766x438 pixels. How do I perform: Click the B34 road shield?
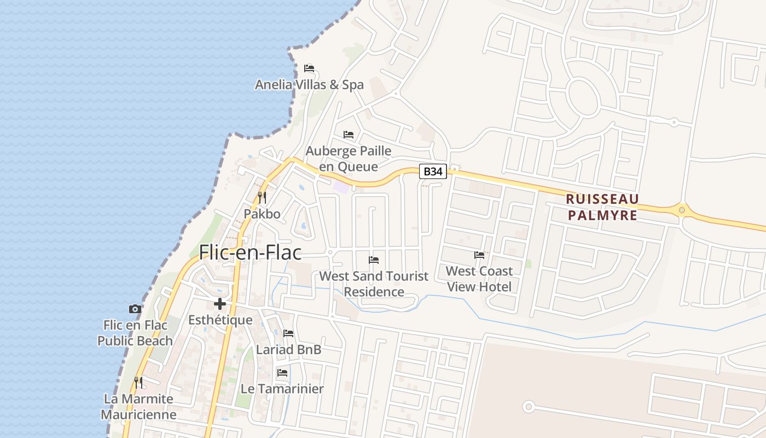[x=433, y=171]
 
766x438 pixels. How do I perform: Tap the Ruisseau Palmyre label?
[x=602, y=206]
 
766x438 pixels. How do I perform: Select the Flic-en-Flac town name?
[x=250, y=252]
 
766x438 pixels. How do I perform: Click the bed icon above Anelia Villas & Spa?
[x=309, y=68]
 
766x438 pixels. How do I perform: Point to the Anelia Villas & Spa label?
[x=309, y=85]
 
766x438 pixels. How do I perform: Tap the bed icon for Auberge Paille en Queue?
[x=349, y=135]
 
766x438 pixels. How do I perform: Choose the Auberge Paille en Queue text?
[x=349, y=158]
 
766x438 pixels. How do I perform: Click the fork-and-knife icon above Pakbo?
[x=262, y=197]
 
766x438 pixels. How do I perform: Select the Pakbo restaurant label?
[x=262, y=214]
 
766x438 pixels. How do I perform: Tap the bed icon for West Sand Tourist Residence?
[x=374, y=260]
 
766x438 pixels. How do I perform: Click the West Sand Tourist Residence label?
[x=374, y=284]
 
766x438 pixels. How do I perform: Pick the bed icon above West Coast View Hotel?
[x=479, y=255]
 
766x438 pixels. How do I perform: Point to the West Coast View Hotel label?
[x=479, y=279]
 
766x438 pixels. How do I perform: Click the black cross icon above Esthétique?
[x=220, y=304]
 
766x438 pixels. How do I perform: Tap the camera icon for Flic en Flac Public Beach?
[x=135, y=309]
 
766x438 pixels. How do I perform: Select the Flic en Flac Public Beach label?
[x=135, y=333]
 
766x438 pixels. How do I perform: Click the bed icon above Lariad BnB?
[x=288, y=333]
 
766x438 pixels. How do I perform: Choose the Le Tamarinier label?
[x=282, y=389]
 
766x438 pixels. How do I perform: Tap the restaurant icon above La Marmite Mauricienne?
[x=138, y=382]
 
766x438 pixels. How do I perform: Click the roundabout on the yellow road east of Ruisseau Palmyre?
[x=681, y=209]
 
